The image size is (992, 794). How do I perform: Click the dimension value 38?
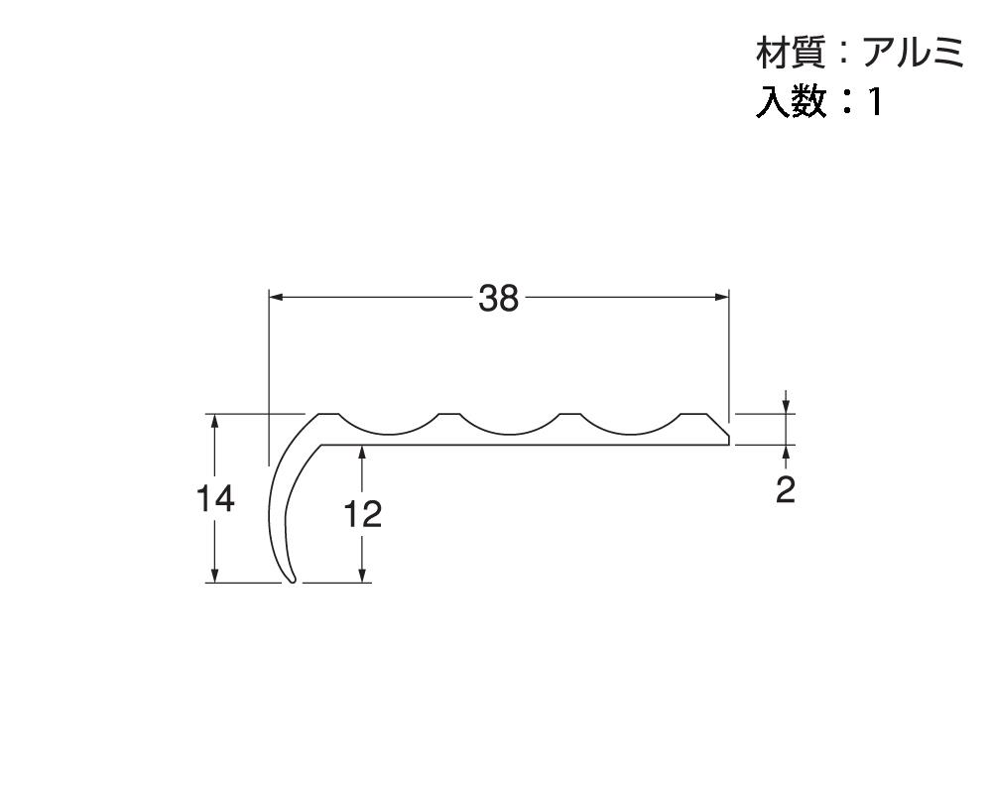click(x=498, y=298)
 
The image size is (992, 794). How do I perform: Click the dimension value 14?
click(x=215, y=499)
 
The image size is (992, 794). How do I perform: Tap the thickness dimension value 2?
click(x=786, y=489)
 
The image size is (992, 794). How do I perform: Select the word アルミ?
click(x=912, y=55)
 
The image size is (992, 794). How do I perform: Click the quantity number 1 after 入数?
click(x=875, y=102)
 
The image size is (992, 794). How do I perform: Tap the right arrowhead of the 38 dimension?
click(x=722, y=297)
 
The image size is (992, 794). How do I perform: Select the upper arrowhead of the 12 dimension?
click(x=363, y=453)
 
